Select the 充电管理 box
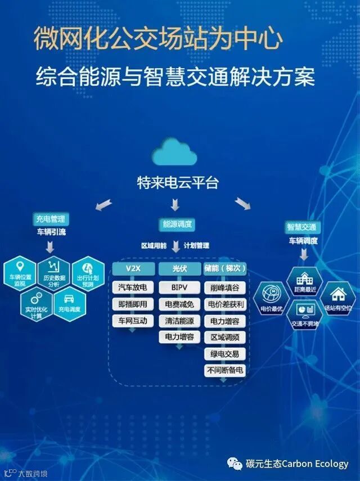click(x=50, y=218)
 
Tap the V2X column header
click(x=133, y=268)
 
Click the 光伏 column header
click(x=176, y=268)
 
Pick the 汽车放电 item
click(x=133, y=287)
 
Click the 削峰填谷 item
click(x=224, y=288)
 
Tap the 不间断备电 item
click(x=224, y=371)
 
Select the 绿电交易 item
click(x=224, y=354)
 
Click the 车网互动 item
click(x=133, y=321)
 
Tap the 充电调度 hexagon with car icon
click(x=70, y=304)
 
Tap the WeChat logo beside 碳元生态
click(x=235, y=464)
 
